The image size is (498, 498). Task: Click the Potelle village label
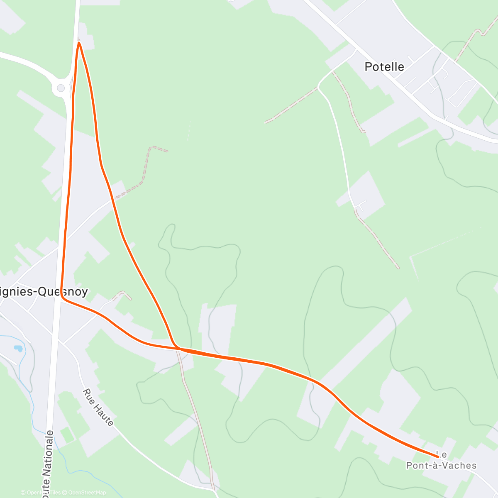point(384,66)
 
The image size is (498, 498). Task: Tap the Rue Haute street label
point(98,408)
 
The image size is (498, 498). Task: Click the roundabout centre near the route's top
point(61,88)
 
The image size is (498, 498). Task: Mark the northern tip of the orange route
point(78,42)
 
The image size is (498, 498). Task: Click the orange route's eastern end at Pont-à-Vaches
point(437,457)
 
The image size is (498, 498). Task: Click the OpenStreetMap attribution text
point(87,493)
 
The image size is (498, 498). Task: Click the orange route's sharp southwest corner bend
point(62,296)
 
